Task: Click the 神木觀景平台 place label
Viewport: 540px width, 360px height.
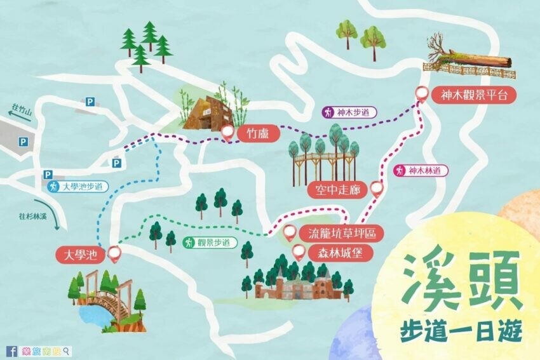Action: (474, 95)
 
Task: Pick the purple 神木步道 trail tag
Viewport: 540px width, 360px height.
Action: (349, 112)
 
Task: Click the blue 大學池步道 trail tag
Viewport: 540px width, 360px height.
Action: (77, 187)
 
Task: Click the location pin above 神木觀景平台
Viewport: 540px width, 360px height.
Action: (421, 93)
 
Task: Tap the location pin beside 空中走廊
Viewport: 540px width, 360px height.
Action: (377, 188)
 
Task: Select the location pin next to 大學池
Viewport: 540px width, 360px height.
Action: (115, 254)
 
